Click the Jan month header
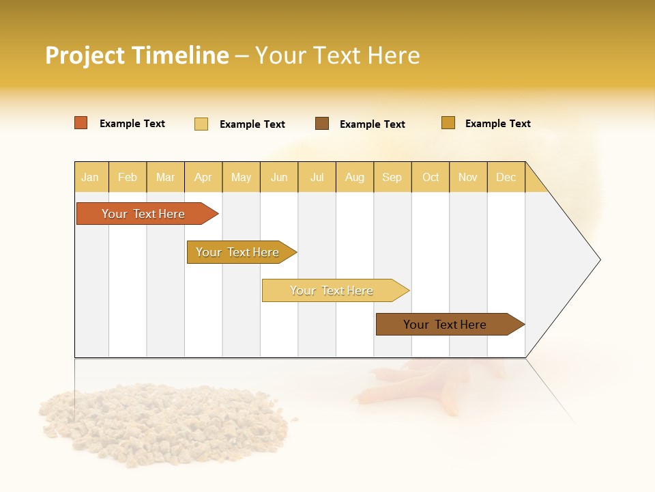point(90,177)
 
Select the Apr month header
point(203,177)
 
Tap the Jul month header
point(317,177)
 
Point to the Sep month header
point(392,177)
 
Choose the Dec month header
point(506,177)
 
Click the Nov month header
point(467,177)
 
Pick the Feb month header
point(128,177)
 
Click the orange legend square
point(81,123)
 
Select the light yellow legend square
point(201,124)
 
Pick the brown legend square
point(322,124)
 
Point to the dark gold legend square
point(448,123)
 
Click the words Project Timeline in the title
point(136,55)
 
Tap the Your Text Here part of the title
point(337,55)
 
